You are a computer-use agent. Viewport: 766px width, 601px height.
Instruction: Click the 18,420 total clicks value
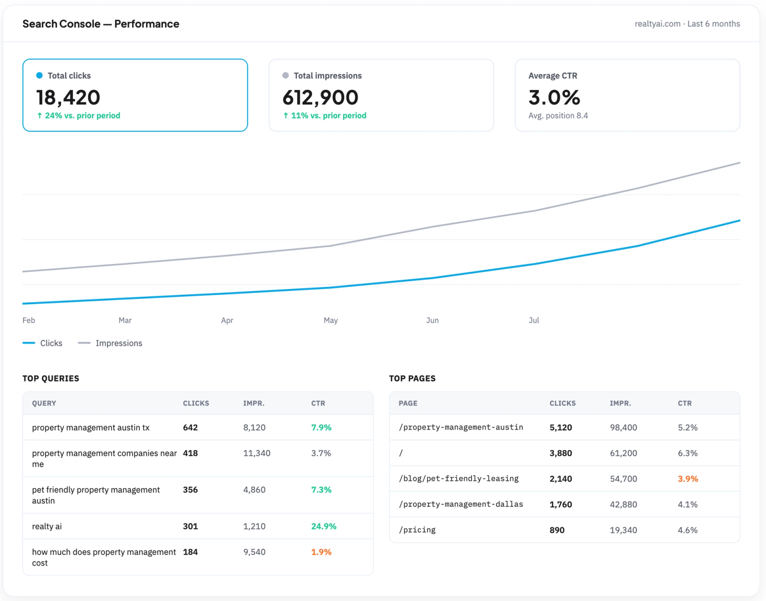tap(68, 97)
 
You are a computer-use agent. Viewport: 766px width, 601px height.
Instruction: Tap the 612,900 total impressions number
tap(320, 97)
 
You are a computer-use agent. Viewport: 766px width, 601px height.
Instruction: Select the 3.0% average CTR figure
tap(554, 97)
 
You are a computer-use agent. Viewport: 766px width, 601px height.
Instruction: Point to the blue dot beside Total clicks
tap(39, 75)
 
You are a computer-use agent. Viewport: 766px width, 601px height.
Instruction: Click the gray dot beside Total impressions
tap(285, 75)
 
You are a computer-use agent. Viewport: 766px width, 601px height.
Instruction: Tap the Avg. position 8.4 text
tap(558, 116)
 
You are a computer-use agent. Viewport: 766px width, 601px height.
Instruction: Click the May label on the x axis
tap(331, 321)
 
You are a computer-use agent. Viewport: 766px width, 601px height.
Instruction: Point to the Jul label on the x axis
tap(534, 320)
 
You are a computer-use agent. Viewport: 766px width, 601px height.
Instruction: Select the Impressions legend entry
tap(110, 343)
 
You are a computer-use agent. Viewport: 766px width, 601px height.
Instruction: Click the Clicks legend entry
tap(42, 343)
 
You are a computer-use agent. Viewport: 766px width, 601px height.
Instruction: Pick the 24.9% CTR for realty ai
tap(324, 526)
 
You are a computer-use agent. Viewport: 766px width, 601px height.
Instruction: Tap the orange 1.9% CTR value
tap(321, 552)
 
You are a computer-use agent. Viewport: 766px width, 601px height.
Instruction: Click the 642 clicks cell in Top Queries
tap(191, 428)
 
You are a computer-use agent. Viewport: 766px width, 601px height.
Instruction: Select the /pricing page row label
tap(417, 530)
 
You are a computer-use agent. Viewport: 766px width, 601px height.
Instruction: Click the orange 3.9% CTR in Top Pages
tap(688, 479)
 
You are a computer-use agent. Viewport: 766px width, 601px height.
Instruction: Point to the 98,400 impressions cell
tap(623, 428)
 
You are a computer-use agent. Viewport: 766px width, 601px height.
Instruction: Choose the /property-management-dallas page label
tap(461, 504)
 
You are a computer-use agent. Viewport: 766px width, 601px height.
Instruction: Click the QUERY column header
tap(44, 403)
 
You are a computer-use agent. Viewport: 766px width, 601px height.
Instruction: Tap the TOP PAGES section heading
tap(412, 378)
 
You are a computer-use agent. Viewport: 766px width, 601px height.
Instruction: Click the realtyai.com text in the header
tap(657, 23)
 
